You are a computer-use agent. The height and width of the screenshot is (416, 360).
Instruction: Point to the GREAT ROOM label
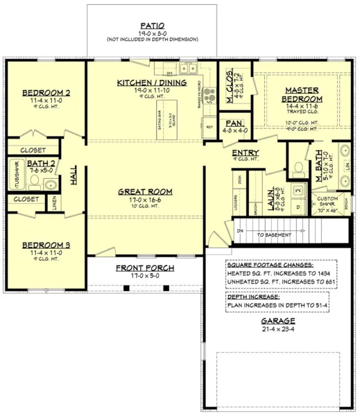(x=145, y=191)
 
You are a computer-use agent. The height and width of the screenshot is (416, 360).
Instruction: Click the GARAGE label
(x=277, y=321)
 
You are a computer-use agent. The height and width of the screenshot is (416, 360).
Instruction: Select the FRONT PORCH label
(x=145, y=268)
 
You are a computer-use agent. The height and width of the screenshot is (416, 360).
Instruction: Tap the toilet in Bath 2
(x=33, y=184)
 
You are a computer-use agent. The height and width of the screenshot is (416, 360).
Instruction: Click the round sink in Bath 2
(x=51, y=184)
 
